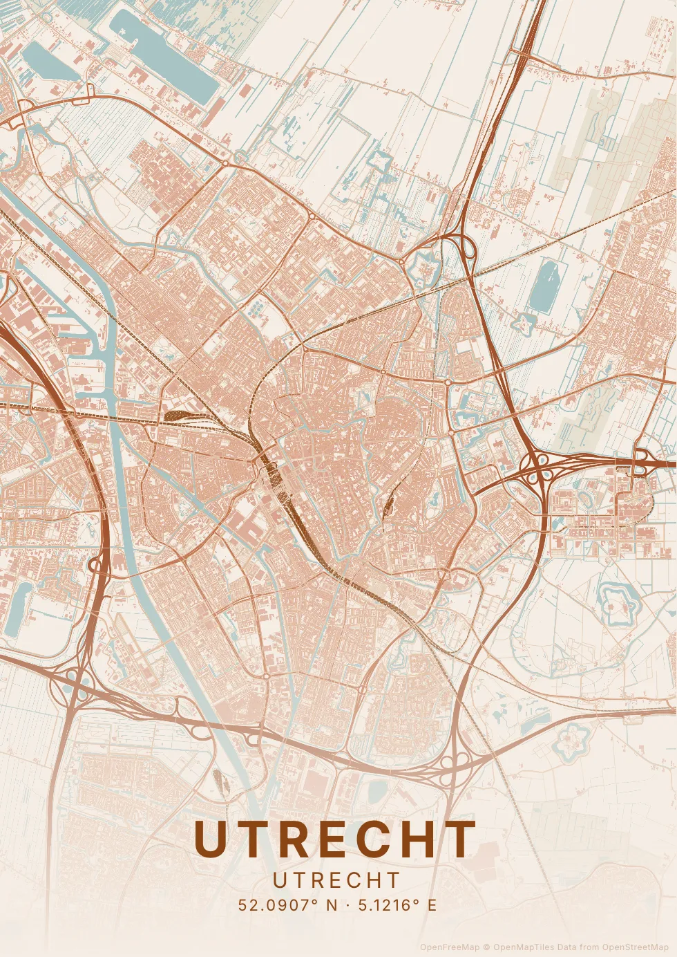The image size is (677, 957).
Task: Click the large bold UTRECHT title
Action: pos(336,839)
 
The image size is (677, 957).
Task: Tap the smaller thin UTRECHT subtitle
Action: pos(337,880)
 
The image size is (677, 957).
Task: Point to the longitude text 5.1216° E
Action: pos(397,905)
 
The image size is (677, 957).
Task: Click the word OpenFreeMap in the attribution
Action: pos(449,947)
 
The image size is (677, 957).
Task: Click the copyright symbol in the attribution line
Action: pos(486,947)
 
